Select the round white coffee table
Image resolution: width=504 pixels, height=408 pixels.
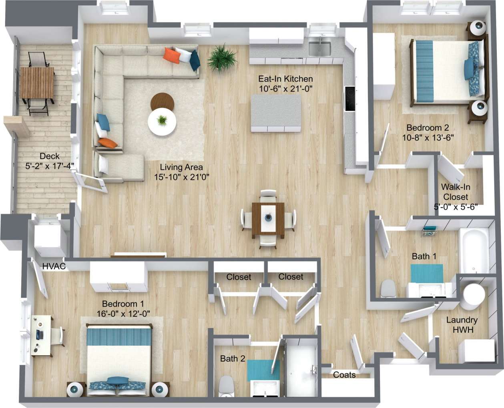click(162, 122)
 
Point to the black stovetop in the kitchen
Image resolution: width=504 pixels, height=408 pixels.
click(349, 98)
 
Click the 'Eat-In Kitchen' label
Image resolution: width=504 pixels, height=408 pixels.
click(285, 79)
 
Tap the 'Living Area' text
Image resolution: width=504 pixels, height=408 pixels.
click(181, 167)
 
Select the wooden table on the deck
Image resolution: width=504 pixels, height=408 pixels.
click(37, 82)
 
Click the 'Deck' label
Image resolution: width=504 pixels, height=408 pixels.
click(50, 156)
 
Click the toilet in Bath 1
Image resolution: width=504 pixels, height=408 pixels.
click(388, 288)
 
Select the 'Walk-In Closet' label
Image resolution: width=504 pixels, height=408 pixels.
click(456, 192)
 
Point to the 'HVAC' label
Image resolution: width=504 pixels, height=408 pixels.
click(54, 266)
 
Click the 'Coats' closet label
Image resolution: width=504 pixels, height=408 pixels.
click(344, 375)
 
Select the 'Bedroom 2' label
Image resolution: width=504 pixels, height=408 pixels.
click(428, 128)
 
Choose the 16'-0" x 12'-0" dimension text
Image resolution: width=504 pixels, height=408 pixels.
click(123, 314)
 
